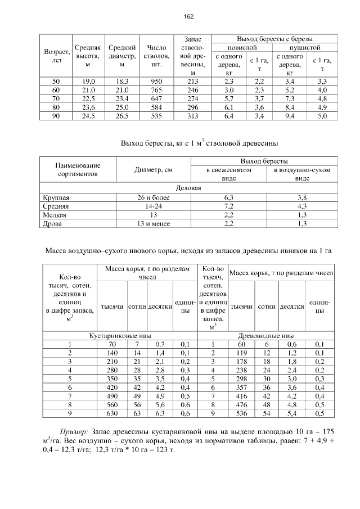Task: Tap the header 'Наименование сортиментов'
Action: coord(78,170)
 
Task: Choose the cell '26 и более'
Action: coord(152,197)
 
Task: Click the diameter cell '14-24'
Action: coord(152,206)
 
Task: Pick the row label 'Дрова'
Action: coord(52,224)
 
